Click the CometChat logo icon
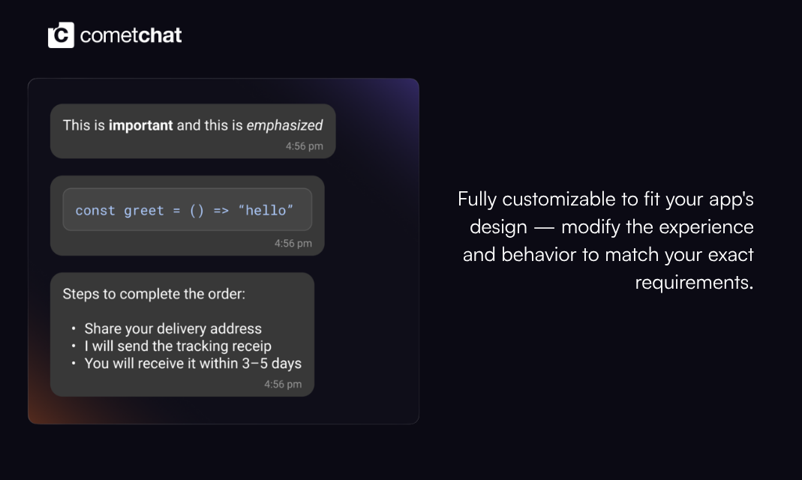[61, 35]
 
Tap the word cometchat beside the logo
[131, 35]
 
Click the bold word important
[140, 125]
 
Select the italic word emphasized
[284, 125]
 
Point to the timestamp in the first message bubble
[304, 146]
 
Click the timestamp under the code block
[293, 244]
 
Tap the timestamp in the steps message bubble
[283, 385]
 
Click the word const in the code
[95, 211]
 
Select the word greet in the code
[144, 211]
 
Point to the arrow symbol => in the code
[221, 211]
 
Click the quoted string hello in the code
[265, 211]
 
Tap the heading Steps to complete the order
[154, 294]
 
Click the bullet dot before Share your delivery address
[74, 329]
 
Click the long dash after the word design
[544, 227]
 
